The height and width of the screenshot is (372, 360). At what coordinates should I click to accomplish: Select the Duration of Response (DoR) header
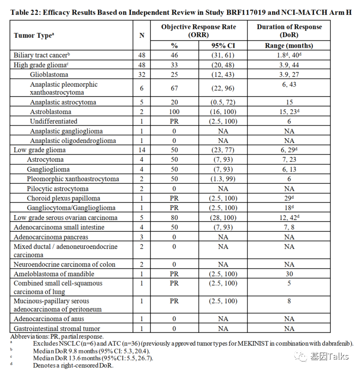click(289, 31)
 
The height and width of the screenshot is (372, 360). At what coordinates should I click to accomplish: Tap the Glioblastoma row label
click(49, 74)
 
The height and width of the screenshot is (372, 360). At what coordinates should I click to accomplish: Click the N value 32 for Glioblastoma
click(142, 74)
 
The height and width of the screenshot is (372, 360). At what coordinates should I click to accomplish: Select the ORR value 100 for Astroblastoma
click(174, 112)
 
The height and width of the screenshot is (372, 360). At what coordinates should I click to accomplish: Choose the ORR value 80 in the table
click(174, 217)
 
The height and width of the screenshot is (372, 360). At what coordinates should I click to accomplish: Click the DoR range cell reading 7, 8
click(289, 227)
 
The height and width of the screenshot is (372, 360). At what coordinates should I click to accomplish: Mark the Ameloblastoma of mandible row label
click(54, 274)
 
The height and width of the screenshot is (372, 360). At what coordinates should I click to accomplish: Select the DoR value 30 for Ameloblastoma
click(289, 274)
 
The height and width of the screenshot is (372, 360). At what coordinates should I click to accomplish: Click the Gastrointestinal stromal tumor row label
click(57, 328)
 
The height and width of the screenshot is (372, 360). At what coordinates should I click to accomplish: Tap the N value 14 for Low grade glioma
click(142, 150)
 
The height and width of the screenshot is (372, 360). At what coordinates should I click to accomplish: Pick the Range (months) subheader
click(289, 46)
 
